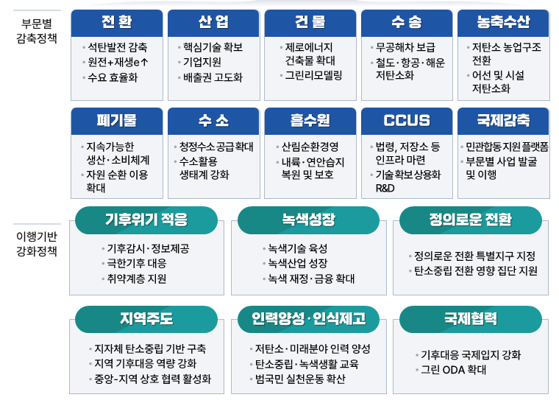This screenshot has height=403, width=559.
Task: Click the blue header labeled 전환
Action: [117, 23]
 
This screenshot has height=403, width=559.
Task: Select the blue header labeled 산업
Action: [213, 23]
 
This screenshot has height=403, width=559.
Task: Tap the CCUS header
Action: [407, 121]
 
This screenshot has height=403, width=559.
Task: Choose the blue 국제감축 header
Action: [503, 121]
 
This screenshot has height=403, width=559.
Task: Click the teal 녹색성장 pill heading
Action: [309, 220]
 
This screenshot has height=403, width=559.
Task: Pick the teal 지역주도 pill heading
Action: [146, 319]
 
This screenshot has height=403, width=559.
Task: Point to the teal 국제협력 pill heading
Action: [471, 319]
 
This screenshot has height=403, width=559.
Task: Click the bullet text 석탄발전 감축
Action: [117, 47]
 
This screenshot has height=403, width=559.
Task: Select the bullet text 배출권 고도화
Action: [213, 77]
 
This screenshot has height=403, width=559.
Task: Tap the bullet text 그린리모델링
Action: [314, 75]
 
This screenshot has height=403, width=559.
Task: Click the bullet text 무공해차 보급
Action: [406, 47]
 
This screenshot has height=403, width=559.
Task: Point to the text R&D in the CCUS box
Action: [385, 188]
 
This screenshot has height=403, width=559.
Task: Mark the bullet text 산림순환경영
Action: [310, 147]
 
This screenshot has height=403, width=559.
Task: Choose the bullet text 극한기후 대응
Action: [137, 264]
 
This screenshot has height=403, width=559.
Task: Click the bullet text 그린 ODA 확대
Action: [454, 370]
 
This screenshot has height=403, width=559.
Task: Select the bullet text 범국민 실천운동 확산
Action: [300, 379]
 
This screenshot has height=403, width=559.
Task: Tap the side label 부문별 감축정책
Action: [37, 31]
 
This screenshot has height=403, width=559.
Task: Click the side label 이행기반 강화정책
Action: [37, 244]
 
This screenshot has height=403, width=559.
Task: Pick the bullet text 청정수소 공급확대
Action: [216, 147]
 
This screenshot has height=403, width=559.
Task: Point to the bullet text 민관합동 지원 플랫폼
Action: [508, 147]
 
